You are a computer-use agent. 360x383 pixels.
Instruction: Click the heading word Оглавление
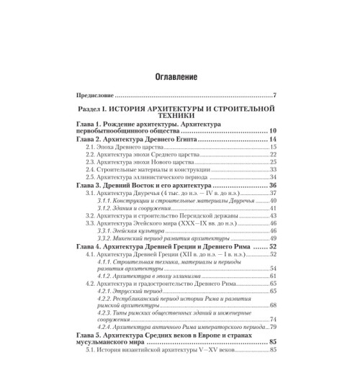179,76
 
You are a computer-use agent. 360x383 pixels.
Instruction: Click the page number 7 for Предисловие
276,96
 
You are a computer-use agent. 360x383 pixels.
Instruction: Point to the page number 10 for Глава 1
273,131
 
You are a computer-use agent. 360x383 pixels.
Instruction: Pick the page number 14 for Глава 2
273,139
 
